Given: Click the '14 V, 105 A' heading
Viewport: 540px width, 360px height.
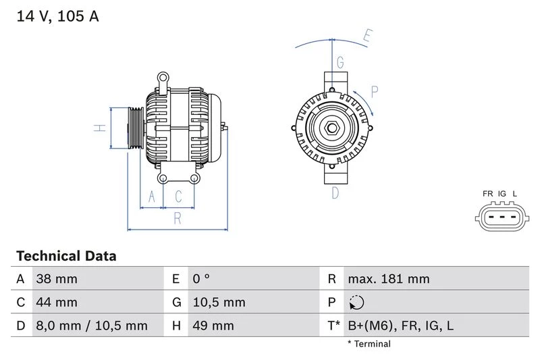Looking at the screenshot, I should (57, 17).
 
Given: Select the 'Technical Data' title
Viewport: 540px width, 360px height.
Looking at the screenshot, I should (66, 257).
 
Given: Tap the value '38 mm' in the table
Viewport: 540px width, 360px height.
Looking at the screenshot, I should (57, 279).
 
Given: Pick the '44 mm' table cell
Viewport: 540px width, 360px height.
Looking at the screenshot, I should (57, 303).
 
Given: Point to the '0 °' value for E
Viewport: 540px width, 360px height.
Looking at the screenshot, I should (201, 279).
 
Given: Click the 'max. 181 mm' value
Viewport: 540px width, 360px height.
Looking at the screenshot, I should (388, 279).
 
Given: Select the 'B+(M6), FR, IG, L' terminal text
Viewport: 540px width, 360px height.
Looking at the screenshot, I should (400, 326).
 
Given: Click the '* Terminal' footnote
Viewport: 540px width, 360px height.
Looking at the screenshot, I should (369, 344).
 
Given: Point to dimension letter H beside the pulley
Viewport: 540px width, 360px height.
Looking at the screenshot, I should (99, 128).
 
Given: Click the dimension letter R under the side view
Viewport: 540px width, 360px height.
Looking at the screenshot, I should (178, 217).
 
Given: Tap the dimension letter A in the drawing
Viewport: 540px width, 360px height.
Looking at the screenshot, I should (152, 197).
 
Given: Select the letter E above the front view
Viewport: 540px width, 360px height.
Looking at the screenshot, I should (367, 36).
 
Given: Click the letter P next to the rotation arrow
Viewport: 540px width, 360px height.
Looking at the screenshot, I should (375, 92).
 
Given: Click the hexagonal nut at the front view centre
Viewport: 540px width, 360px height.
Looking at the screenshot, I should (332, 128).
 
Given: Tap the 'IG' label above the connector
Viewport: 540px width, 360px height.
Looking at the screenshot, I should (502, 194).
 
